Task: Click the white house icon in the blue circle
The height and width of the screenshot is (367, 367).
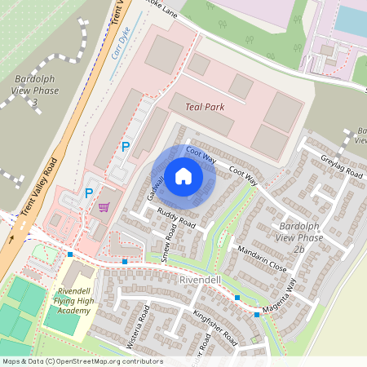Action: (183, 175)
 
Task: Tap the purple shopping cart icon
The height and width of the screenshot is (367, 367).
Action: (104, 207)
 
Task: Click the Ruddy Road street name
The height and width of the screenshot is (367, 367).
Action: (176, 219)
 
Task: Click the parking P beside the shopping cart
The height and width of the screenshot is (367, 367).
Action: (89, 193)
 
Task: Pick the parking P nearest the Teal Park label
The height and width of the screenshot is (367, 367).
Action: (126, 147)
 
